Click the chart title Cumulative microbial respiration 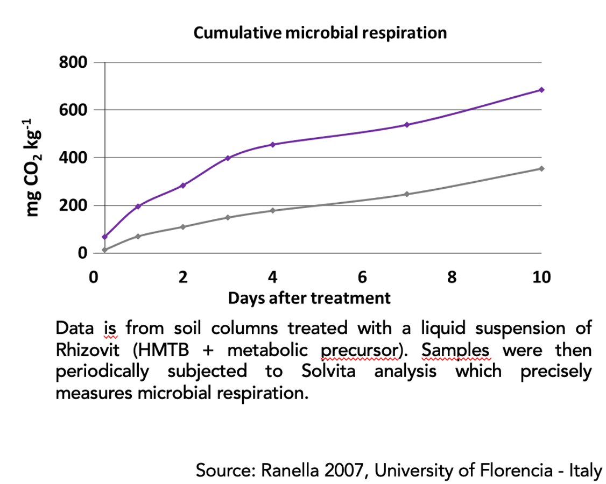(x=320, y=33)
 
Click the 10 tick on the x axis (x=541, y=277)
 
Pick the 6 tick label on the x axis (x=362, y=277)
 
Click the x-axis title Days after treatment (x=309, y=297)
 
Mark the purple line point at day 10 (x=541, y=90)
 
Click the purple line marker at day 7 (x=407, y=125)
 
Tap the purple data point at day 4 (x=273, y=145)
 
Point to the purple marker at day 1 (x=138, y=207)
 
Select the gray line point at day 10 (x=541, y=169)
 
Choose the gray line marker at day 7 (x=407, y=194)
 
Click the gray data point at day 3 (x=228, y=218)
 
